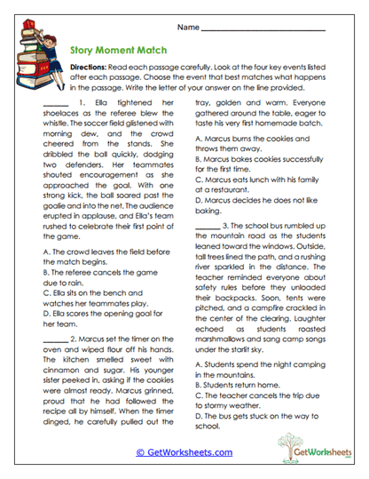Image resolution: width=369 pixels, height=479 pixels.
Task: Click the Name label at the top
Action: (x=188, y=28)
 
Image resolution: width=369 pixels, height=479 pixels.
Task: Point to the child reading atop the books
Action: (x=32, y=27)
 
